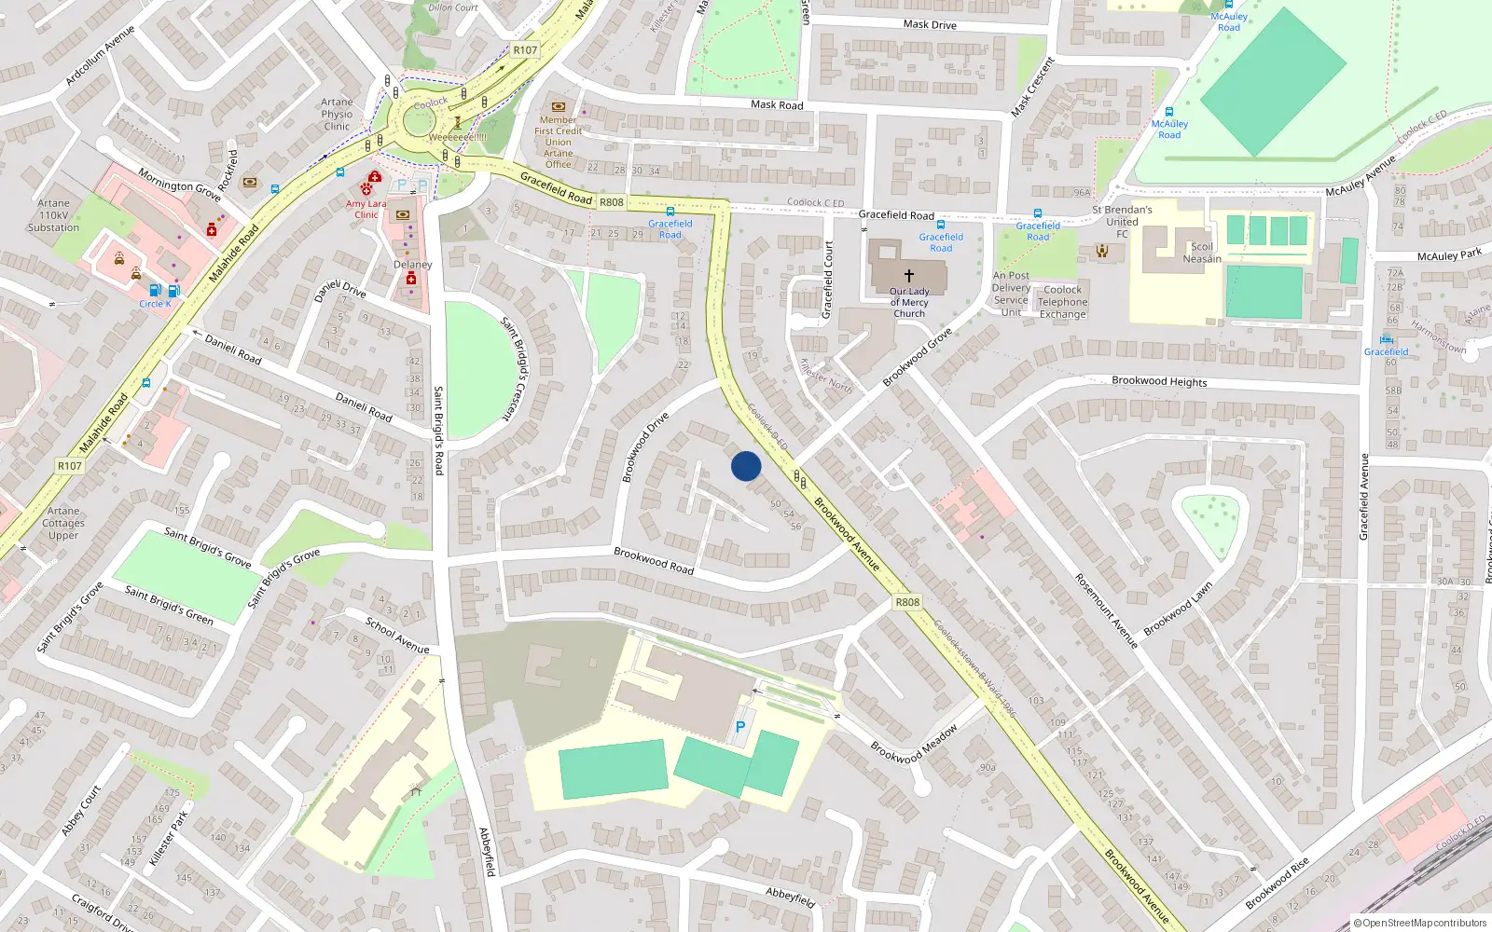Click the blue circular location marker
746,466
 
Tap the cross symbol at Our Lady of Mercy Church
909,276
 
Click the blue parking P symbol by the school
740,727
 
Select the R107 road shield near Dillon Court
525,50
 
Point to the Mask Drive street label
930,25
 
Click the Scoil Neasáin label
1202,253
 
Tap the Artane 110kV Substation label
53,215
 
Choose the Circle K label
155,304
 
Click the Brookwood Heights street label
1159,381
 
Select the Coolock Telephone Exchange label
1063,302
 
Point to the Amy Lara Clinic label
366,209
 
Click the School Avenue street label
397,635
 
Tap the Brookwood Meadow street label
914,744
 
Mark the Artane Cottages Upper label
63,523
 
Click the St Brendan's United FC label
1122,222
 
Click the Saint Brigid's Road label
438,431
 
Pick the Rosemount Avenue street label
1106,610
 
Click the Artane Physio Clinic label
337,115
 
